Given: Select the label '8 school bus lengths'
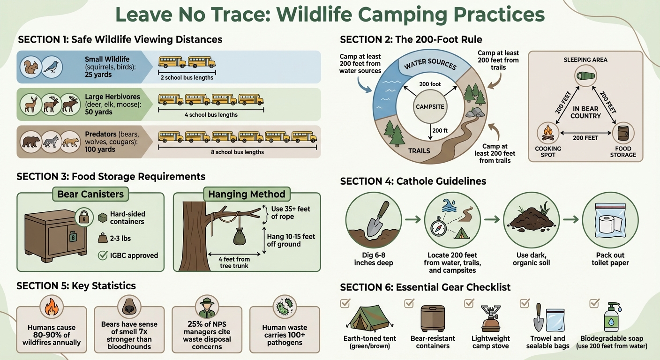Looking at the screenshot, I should pos(239,152).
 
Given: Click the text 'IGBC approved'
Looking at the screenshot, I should pos(134,255).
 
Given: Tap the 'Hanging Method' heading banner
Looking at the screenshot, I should pos(247,194).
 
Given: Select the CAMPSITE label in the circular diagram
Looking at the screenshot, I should pos(430,106).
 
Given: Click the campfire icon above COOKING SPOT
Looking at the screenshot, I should pos(547,132).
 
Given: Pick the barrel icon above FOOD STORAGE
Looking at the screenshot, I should pos(623,132).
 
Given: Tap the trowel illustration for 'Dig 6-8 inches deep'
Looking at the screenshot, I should pos(374,219).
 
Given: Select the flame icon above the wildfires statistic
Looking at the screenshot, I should pos(51,307).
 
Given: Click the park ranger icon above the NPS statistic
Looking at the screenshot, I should pos(207,308).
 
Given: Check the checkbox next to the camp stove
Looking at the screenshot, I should pos(469,303).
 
